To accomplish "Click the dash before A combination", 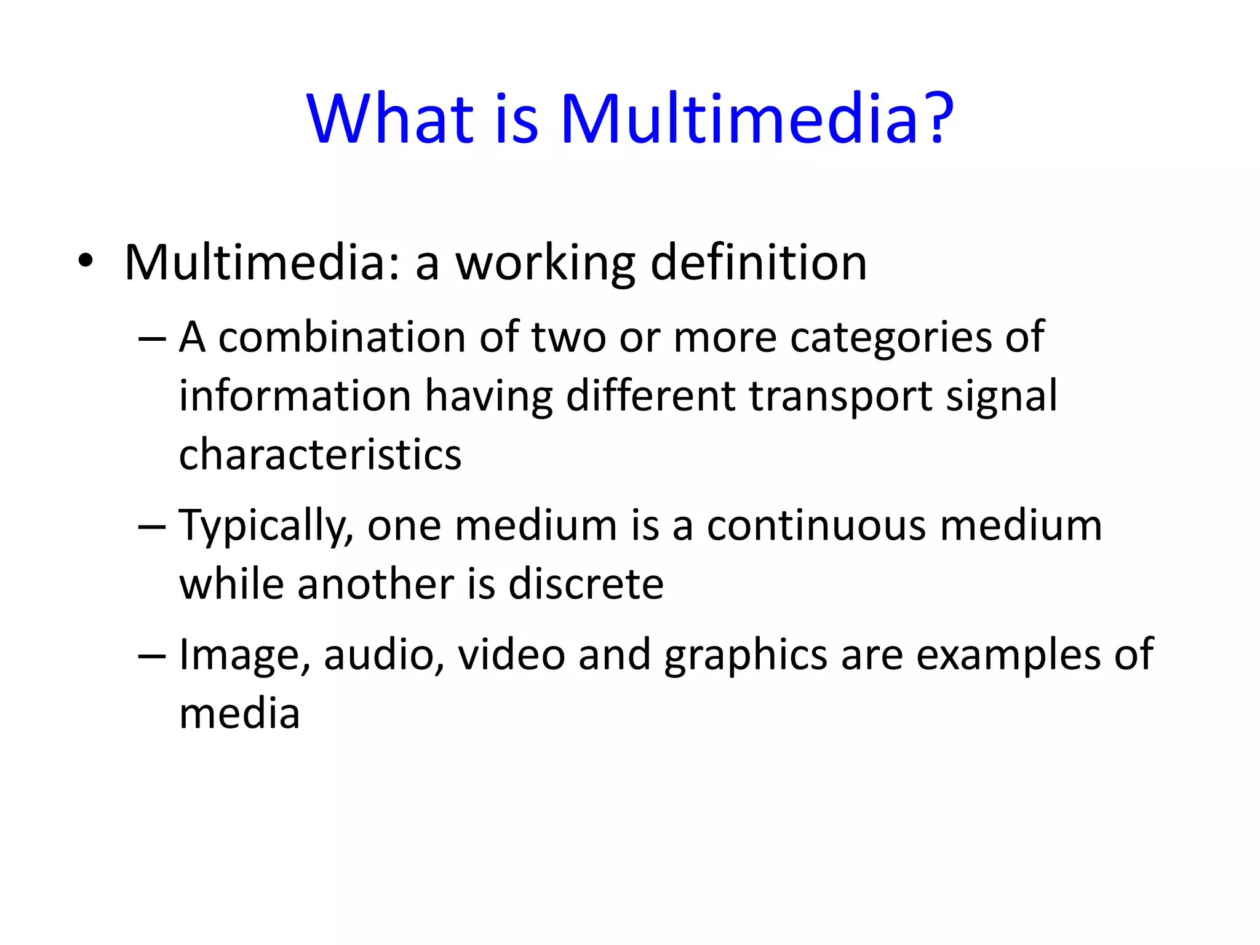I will [152, 338].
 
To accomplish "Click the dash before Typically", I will [152, 527].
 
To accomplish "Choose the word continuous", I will [816, 526].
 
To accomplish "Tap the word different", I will [650, 396].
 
